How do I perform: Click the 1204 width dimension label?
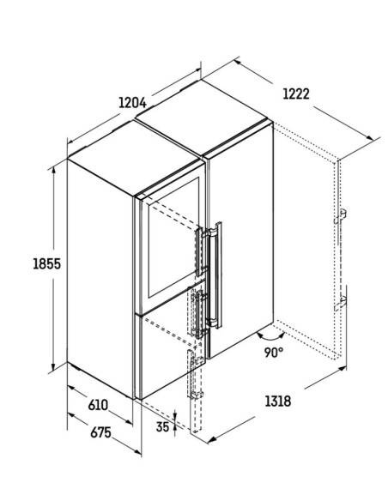click(x=132, y=103)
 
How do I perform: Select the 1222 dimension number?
click(x=296, y=94)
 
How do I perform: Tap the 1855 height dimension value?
click(x=46, y=263)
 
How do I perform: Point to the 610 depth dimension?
click(x=98, y=405)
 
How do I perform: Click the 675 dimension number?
click(x=100, y=432)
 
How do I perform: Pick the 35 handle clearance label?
click(x=162, y=426)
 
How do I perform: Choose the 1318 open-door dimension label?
click(x=278, y=401)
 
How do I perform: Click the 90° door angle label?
click(x=274, y=352)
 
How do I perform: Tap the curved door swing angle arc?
click(x=270, y=338)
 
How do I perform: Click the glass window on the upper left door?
click(x=173, y=238)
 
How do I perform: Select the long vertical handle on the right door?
click(x=217, y=275)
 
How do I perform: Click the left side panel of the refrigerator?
click(x=100, y=279)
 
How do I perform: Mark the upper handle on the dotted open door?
click(x=341, y=216)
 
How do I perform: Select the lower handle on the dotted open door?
click(x=341, y=303)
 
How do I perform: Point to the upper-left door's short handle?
click(x=200, y=251)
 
